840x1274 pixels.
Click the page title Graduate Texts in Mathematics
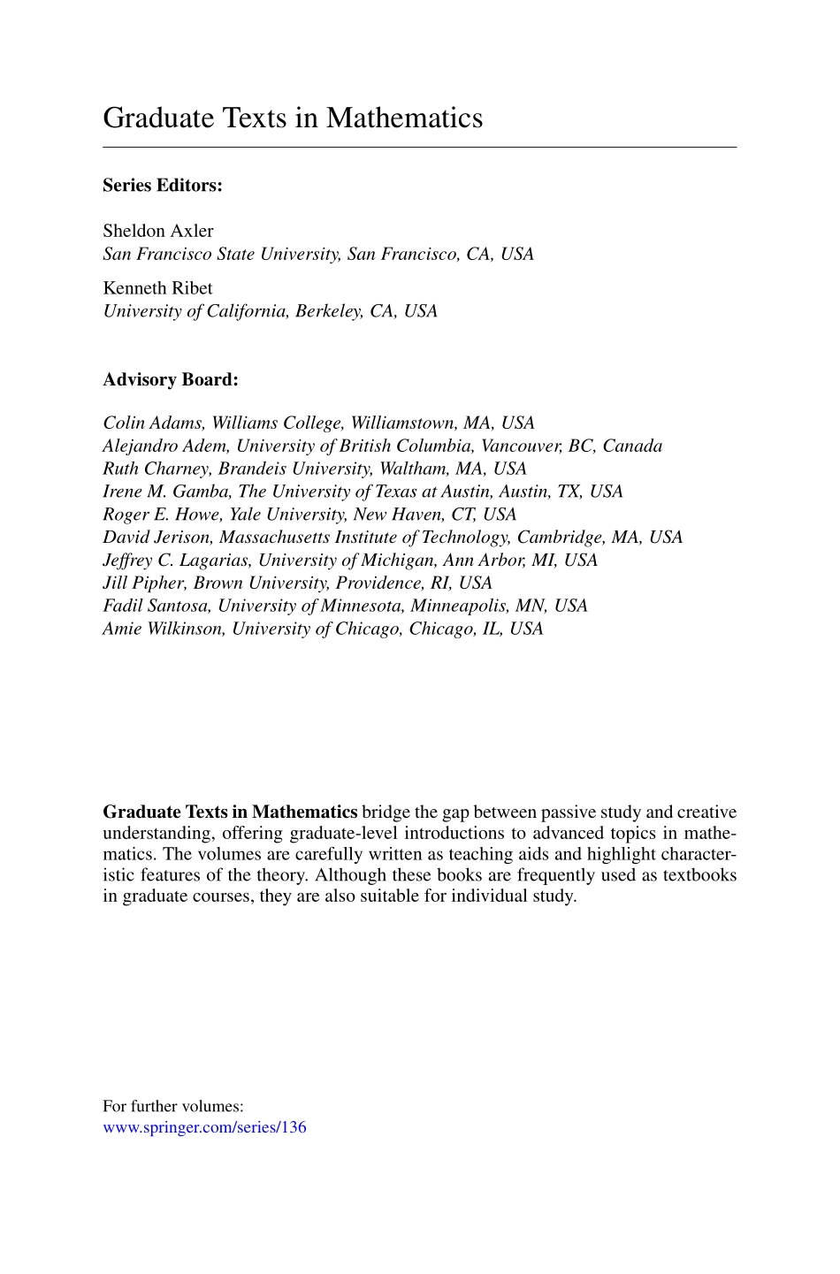pos(293,118)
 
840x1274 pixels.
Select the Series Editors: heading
pos(163,186)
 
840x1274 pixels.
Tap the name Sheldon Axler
pos(158,231)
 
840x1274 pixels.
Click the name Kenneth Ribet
pos(157,288)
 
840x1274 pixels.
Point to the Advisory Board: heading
pos(171,379)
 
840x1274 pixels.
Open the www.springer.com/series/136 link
pos(204,1127)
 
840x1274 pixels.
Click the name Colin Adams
pos(152,423)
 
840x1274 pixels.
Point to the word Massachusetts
pos(274,538)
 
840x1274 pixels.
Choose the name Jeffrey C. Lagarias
pos(175,561)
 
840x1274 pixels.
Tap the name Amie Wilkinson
pos(163,629)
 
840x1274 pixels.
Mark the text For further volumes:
pos(173,1106)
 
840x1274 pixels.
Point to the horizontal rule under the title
pos(419,147)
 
